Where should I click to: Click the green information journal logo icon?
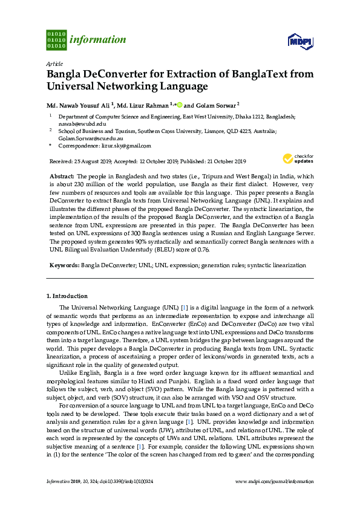click(56, 39)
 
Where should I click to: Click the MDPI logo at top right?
click(300, 41)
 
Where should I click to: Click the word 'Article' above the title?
click(54, 63)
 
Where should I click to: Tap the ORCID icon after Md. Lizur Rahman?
click(180, 104)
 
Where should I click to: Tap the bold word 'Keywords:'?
click(64, 265)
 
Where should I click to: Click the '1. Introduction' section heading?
click(67, 296)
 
